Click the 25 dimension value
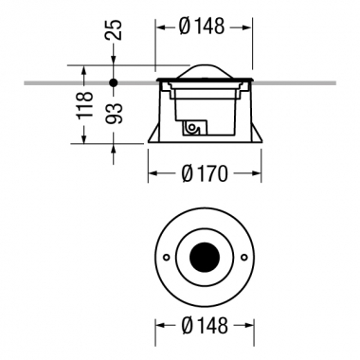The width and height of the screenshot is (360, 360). pyautogui.click(x=114, y=29)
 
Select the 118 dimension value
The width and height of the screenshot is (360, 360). pyautogui.click(x=85, y=104)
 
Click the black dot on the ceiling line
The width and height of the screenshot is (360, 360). pyautogui.click(x=114, y=83)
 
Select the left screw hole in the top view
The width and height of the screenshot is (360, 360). pyautogui.click(x=165, y=258)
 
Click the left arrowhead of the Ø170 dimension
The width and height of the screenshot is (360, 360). pyautogui.click(x=152, y=174)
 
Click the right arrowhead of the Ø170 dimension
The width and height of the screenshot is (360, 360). pyautogui.click(x=256, y=174)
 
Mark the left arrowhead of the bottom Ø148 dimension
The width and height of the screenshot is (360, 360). pyautogui.click(x=158, y=325)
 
